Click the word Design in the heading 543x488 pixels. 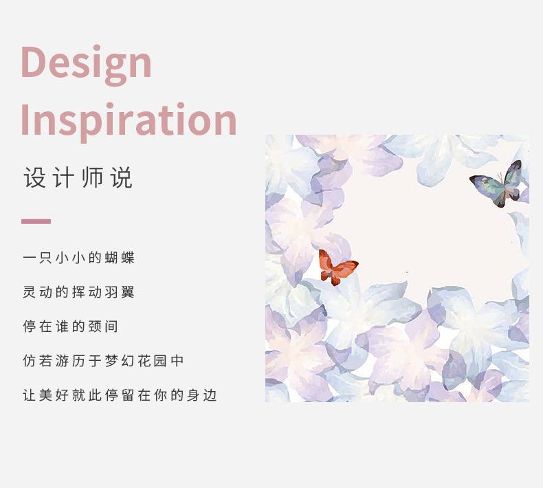coord(86,65)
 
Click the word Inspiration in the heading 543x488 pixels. coord(129,122)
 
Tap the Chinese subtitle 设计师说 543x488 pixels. coord(78,178)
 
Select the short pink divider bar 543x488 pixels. coord(36,221)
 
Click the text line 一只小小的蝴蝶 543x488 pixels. coord(78,258)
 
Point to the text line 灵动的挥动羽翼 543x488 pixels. coord(78,292)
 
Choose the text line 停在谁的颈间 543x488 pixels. coord(70,326)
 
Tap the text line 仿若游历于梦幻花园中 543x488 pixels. coord(103,361)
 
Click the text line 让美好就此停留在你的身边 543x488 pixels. coord(120,395)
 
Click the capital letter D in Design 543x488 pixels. coord(34,62)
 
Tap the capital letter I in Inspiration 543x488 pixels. coord(24,120)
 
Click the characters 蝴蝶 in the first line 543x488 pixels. coord(120,258)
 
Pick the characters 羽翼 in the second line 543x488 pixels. coord(120,292)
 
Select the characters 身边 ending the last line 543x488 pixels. coord(202,395)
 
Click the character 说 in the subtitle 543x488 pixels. coord(122,178)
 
